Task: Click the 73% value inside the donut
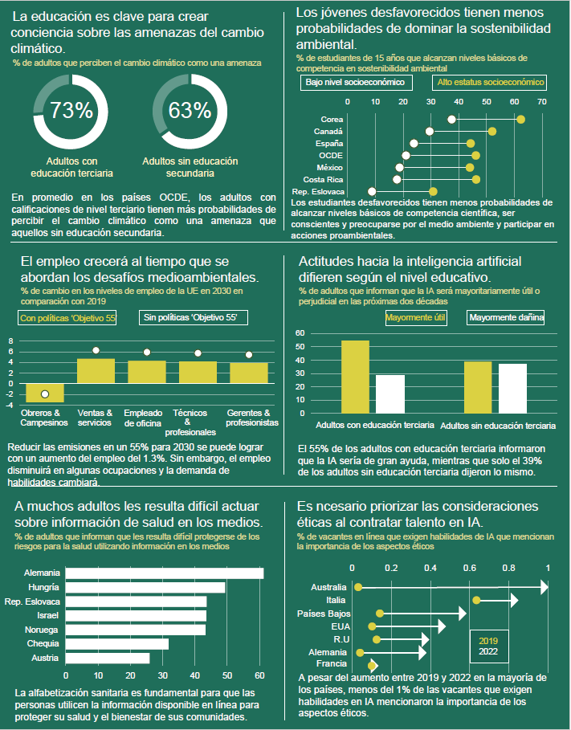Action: pyautogui.click(x=71, y=110)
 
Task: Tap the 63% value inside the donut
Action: pyautogui.click(x=190, y=110)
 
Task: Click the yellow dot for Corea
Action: pyautogui.click(x=520, y=120)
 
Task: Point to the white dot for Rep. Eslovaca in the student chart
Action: pyautogui.click(x=371, y=192)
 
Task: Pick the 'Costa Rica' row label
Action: pyautogui.click(x=323, y=179)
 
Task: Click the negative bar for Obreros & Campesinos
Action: pyautogui.click(x=45, y=392)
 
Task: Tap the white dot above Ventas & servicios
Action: pyautogui.click(x=96, y=350)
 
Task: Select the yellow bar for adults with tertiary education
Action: pyautogui.click(x=355, y=375)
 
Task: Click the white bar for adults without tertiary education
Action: pyautogui.click(x=512, y=386)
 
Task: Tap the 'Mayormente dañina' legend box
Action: pyautogui.click(x=506, y=318)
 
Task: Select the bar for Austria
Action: pyautogui.click(x=108, y=658)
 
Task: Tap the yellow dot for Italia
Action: pyautogui.click(x=476, y=600)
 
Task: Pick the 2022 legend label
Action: pyautogui.click(x=487, y=652)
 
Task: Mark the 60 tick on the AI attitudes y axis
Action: pyautogui.click(x=299, y=332)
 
